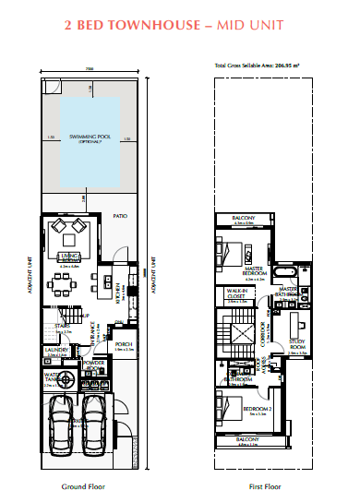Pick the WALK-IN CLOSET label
[x=239, y=293]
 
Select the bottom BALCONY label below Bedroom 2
[x=247, y=440]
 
